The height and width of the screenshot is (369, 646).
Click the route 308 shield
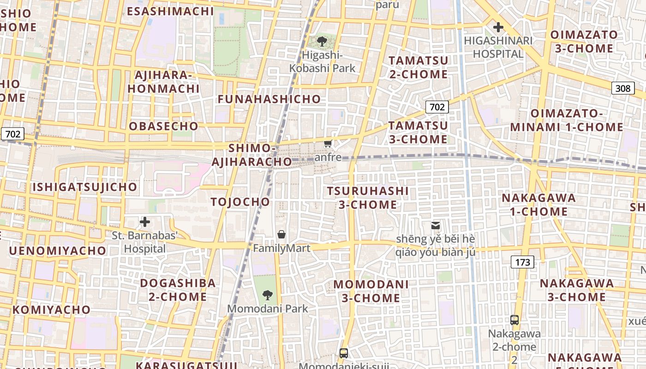tap(622, 88)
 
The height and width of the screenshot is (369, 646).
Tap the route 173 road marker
tap(522, 262)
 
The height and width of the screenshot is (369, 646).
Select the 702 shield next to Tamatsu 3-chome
tap(437, 107)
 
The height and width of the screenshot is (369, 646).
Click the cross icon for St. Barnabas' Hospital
tap(145, 222)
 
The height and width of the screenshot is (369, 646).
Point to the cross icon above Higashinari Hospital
tap(498, 27)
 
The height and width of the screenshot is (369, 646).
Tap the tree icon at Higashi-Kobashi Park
tap(322, 42)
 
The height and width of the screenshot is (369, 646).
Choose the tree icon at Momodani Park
tap(267, 295)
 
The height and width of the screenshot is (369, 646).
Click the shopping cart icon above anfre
tap(328, 143)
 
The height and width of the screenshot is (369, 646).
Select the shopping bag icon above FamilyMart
tap(281, 234)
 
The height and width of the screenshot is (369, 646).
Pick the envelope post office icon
tap(436, 226)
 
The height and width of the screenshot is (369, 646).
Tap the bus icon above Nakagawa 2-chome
tap(514, 320)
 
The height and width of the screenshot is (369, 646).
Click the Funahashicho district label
tap(269, 99)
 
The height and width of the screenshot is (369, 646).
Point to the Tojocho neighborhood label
tap(240, 202)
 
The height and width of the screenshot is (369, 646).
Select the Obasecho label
tap(163, 126)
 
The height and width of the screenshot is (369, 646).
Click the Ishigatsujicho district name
tap(84, 187)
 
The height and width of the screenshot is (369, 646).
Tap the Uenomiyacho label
tap(57, 250)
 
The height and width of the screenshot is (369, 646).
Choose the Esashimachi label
tap(170, 12)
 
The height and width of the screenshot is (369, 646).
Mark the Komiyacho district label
tap(51, 309)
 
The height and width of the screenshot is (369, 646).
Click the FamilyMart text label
tap(281, 248)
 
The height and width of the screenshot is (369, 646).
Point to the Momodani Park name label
tap(267, 308)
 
